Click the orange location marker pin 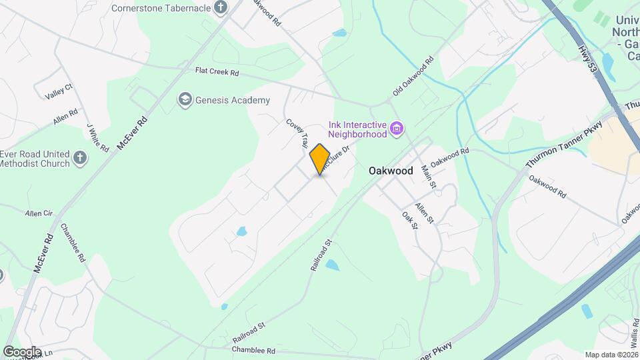320,159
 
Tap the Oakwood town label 391,171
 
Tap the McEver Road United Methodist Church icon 80,158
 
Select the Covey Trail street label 297,133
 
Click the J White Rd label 97,137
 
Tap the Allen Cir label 38,213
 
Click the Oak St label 410,221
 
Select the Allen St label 425,213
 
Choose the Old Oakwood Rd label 413,75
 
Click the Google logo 22,351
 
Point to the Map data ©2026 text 611,355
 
